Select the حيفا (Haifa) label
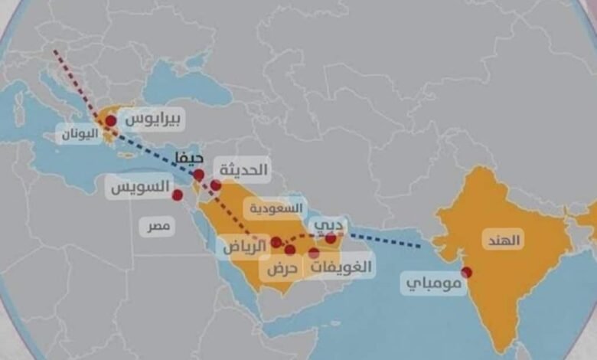(x=188, y=158)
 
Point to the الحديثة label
(x=243, y=170)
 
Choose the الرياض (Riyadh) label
(x=244, y=246)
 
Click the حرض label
(x=281, y=269)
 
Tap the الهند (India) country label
(x=503, y=240)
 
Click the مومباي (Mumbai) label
(x=433, y=286)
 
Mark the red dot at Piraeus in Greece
(x=111, y=120)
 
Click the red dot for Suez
(x=178, y=195)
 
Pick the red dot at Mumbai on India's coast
(x=467, y=272)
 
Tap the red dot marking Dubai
(x=331, y=239)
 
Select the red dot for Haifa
(x=198, y=175)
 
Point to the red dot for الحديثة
(x=216, y=185)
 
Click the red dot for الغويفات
(x=314, y=252)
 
